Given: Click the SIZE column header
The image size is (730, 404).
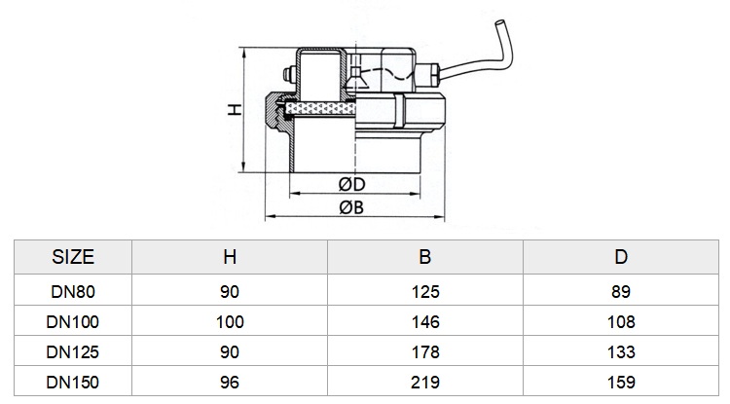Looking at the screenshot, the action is point(73,257).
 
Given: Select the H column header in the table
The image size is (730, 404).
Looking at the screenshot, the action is point(230,257).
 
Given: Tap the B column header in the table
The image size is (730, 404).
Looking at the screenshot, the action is point(425,257).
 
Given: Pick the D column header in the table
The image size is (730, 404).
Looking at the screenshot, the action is point(621,257).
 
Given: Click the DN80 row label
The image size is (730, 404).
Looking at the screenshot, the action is point(73,292).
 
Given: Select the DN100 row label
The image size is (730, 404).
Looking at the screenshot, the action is point(73,322).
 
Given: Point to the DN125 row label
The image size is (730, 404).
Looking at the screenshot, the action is point(73,352).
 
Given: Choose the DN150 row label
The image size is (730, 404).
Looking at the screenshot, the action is point(73,383).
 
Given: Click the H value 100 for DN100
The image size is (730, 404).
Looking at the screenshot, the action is point(230,322).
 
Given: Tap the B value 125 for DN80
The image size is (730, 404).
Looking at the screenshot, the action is point(425,292).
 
